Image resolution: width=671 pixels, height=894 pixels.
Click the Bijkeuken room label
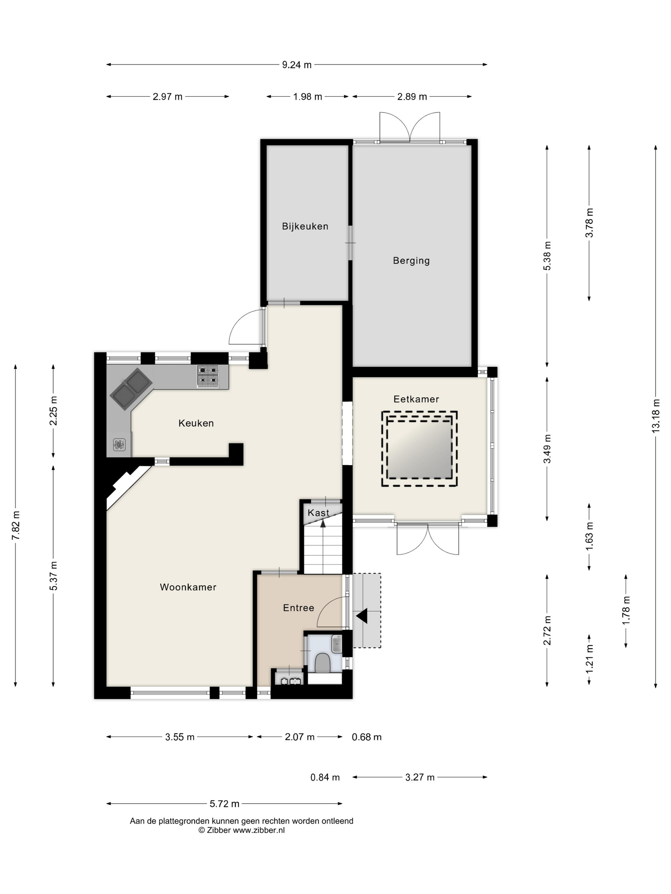(x=305, y=226)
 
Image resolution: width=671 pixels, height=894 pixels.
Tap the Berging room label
(x=411, y=261)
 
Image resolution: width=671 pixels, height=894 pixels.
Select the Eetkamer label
(x=416, y=399)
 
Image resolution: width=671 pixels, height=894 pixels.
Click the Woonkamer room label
(x=188, y=587)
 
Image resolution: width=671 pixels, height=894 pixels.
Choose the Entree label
(x=298, y=608)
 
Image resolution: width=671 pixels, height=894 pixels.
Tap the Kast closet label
(x=318, y=513)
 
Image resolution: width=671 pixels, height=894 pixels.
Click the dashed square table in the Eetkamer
(x=419, y=449)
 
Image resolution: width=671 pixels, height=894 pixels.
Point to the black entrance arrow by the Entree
(x=362, y=616)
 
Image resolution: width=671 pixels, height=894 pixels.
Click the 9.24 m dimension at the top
(x=297, y=65)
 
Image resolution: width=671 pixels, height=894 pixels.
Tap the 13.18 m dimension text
(x=656, y=416)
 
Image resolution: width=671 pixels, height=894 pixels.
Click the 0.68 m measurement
(x=366, y=737)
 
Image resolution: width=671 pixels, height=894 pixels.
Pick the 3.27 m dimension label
(x=420, y=777)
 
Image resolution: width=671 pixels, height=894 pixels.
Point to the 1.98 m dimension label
(x=308, y=97)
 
